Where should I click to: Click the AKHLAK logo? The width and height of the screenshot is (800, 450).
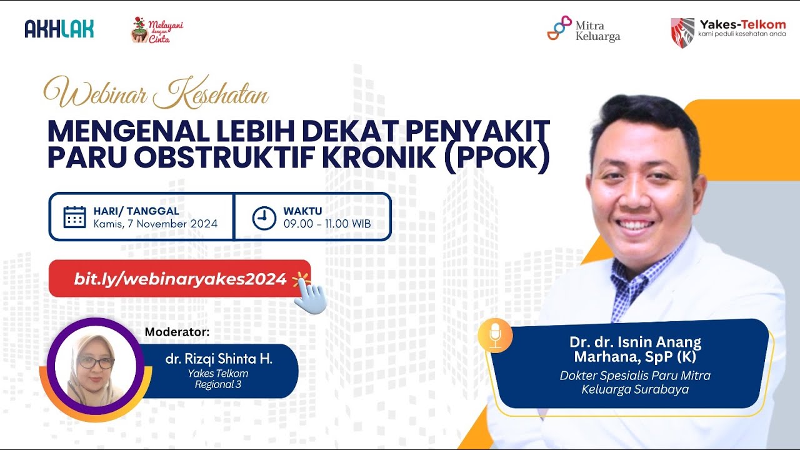point(59,28)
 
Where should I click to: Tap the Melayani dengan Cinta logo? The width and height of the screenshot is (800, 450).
point(156,29)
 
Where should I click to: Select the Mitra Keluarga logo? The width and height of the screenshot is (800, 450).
point(583,29)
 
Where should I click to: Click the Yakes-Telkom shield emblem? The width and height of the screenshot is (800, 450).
point(682,32)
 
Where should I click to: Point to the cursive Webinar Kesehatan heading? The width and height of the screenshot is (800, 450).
point(156,94)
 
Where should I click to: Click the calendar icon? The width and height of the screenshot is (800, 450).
point(74,217)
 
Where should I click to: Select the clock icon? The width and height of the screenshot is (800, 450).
point(264,218)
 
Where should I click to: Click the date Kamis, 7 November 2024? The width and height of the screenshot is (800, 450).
point(156,224)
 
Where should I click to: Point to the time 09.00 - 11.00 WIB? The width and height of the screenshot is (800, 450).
point(327,224)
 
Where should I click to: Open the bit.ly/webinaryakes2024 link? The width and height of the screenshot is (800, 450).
point(180,279)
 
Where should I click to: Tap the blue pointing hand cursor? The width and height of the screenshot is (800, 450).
point(310,296)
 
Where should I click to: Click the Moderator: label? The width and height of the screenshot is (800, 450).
point(177,331)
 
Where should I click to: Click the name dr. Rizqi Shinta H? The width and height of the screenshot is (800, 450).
point(219,359)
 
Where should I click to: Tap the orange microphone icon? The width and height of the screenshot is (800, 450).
point(495,336)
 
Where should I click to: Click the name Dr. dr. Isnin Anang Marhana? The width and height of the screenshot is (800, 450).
point(635,349)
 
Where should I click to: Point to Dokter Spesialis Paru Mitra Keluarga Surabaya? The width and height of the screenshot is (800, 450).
point(635,382)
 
